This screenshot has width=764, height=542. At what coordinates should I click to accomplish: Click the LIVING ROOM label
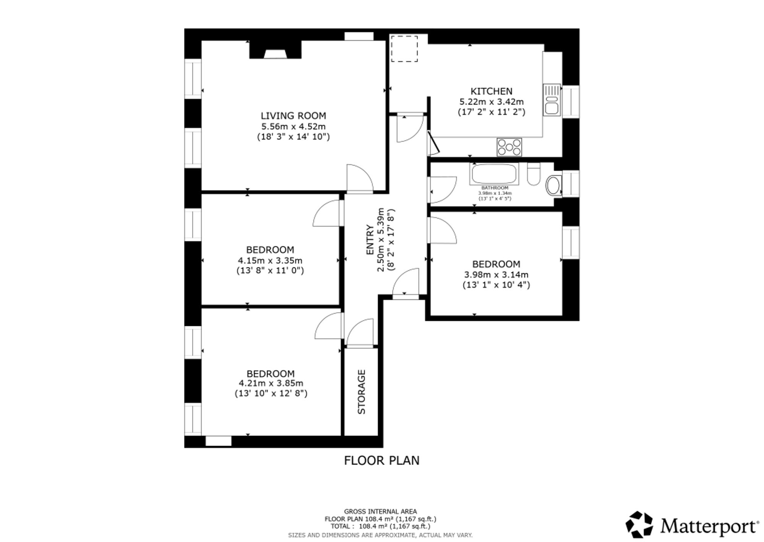point(293,116)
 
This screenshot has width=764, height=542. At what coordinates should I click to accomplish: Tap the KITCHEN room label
point(491,91)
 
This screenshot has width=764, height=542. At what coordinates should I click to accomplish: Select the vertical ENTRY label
point(370,240)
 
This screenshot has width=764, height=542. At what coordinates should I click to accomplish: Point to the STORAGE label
point(361,392)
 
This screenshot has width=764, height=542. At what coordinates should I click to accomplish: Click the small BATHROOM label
point(495,188)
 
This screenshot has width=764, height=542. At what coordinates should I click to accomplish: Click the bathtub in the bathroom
point(495,174)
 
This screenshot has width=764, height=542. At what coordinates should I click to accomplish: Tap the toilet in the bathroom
point(534,174)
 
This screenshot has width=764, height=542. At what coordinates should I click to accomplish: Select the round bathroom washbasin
point(554,186)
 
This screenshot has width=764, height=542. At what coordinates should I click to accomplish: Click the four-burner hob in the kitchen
point(509,147)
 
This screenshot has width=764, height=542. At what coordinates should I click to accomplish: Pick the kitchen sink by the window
point(552,100)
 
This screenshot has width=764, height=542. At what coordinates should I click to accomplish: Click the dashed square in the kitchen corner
point(404,49)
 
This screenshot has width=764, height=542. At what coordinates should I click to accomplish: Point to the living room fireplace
point(275,50)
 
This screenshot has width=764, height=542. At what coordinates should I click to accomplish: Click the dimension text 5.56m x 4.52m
point(293,126)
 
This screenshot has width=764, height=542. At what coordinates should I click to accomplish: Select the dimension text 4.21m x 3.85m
point(271,383)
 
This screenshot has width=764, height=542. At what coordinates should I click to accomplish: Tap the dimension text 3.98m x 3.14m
point(496,275)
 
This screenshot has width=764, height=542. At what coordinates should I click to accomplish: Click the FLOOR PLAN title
point(382,461)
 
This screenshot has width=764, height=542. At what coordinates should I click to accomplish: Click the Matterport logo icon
point(639,524)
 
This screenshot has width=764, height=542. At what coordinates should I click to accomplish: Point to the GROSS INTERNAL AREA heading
point(380,511)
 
